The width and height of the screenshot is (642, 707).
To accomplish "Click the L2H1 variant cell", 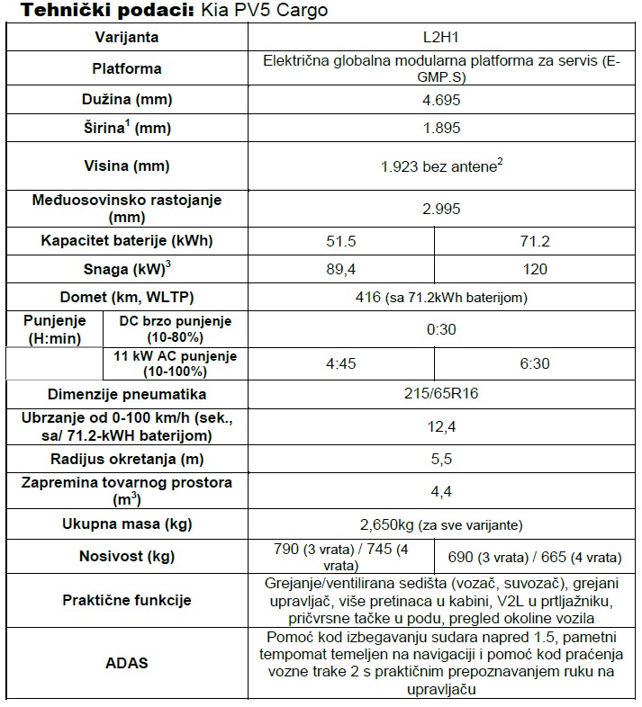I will click(441, 38).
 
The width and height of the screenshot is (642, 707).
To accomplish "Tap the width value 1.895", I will click(441, 128).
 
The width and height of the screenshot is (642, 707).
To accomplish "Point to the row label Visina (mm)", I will click(127, 166).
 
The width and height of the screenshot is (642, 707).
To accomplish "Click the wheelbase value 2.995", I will click(441, 209).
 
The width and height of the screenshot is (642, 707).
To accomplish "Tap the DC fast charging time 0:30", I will click(441, 329).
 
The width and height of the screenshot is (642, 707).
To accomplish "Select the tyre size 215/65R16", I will click(441, 395).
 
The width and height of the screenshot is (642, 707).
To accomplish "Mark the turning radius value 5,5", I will click(441, 458).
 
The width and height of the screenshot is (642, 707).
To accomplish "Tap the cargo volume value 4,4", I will click(441, 490).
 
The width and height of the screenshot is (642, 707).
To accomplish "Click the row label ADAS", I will click(127, 663).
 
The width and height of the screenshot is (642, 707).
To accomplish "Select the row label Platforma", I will click(127, 68).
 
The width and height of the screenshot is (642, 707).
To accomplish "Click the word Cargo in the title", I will click(303, 11).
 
